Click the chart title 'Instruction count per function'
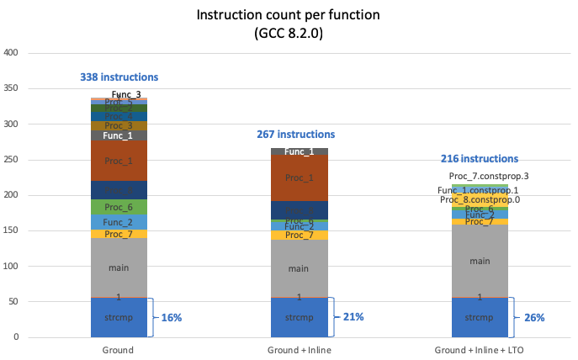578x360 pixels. (289, 15)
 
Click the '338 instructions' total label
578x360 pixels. (119, 77)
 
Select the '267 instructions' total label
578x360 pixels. (295, 135)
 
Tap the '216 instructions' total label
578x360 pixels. (480, 158)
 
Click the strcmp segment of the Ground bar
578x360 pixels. (119, 317)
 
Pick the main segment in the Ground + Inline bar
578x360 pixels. (299, 268)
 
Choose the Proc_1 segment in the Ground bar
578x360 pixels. (119, 161)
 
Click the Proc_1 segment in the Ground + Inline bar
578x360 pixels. (299, 177)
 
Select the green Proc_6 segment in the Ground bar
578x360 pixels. (119, 207)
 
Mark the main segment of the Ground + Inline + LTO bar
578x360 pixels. (480, 261)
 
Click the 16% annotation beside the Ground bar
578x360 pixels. (172, 317)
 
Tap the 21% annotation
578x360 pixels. (353, 317)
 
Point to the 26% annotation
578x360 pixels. (534, 317)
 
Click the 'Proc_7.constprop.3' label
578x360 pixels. (488, 176)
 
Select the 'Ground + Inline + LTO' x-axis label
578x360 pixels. (480, 348)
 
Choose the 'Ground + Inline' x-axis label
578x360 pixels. (299, 348)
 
